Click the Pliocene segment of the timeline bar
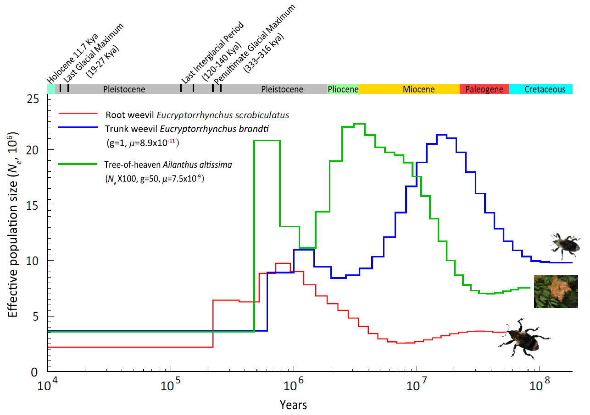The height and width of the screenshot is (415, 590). tap(343, 89)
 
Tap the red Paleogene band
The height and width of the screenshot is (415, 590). tap(484, 89)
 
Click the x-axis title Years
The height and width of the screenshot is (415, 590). tap(294, 405)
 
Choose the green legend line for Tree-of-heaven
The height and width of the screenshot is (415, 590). tap(78, 164)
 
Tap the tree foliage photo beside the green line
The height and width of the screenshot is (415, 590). tap(556, 291)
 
